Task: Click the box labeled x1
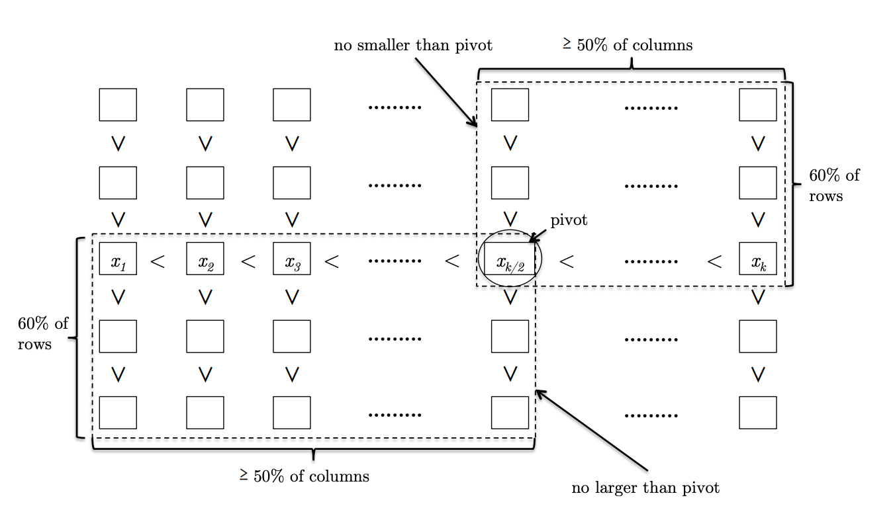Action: tap(118, 259)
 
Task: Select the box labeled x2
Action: tap(205, 259)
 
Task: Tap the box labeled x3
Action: tap(292, 259)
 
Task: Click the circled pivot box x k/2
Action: tap(510, 259)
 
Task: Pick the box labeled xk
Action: tap(758, 259)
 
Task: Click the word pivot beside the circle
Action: tap(569, 221)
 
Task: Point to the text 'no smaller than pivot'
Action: tap(414, 45)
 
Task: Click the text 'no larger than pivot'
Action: tap(645, 488)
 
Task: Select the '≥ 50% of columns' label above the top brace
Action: tap(628, 45)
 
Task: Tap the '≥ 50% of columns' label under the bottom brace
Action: tap(305, 476)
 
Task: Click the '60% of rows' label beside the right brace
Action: tap(834, 185)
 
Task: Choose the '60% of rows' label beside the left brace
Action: tap(43, 333)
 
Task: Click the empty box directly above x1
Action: tap(118, 183)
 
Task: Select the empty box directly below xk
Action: tap(758, 336)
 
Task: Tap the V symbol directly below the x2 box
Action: tap(205, 298)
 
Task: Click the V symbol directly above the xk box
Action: tap(758, 219)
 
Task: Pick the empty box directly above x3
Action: tap(292, 183)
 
